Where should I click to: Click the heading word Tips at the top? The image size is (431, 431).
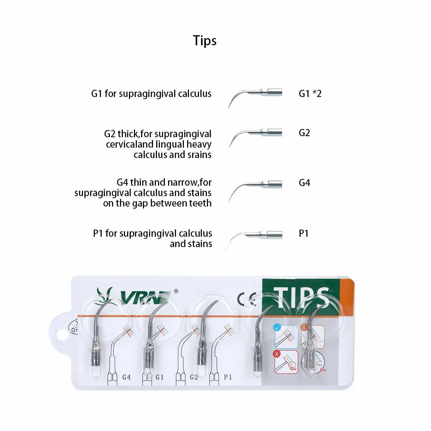(205, 41)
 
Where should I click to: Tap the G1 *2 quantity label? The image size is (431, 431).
(310, 93)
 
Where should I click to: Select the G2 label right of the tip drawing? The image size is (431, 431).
(304, 133)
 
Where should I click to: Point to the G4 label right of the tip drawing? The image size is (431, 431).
(305, 183)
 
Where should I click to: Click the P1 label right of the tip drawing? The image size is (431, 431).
(303, 233)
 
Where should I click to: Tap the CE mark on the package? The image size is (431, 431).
(246, 299)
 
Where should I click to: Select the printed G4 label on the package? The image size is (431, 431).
(126, 377)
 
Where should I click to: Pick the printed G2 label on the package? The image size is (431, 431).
(194, 377)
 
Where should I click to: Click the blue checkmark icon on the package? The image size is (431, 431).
(277, 328)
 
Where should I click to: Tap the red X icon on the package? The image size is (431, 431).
(277, 354)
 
